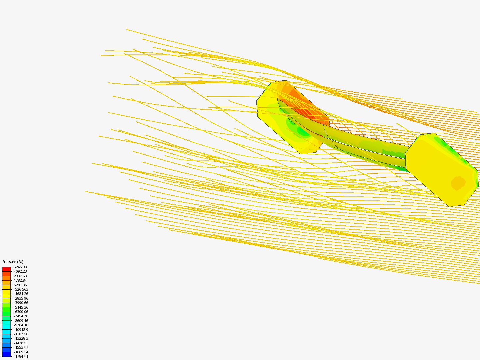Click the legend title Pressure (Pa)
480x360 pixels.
click(x=13, y=262)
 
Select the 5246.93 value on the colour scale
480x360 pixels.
click(x=20, y=267)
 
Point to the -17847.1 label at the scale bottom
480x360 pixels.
click(x=21, y=357)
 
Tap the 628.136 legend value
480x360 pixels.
click(x=20, y=285)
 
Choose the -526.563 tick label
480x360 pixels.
click(x=21, y=289)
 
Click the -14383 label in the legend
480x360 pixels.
click(x=19, y=343)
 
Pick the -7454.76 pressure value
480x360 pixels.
click(x=21, y=316)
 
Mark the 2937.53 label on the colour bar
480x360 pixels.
click(x=20, y=276)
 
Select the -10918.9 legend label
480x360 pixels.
click(x=21, y=330)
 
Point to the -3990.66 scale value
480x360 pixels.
click(x=21, y=303)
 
